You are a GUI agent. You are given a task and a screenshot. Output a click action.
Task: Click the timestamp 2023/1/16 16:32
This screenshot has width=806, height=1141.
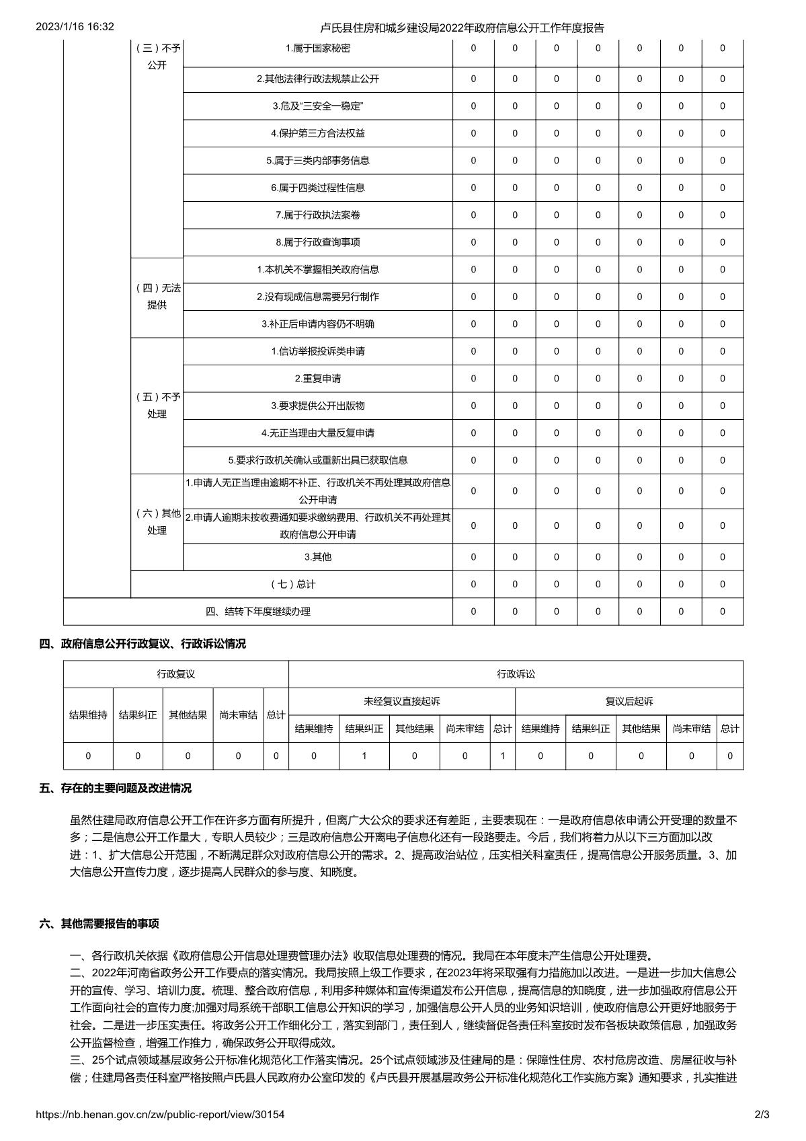(x=75, y=27)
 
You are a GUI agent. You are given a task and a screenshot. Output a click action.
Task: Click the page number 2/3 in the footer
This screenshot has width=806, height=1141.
(x=762, y=1115)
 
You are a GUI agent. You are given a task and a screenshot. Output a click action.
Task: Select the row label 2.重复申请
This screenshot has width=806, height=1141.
(x=317, y=379)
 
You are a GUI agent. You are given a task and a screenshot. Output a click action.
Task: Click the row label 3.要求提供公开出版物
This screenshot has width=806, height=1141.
(x=317, y=406)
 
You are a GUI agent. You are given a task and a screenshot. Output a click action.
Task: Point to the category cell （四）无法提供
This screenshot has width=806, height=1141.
(x=157, y=297)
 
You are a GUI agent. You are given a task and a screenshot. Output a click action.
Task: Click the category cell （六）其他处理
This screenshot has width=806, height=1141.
(x=157, y=522)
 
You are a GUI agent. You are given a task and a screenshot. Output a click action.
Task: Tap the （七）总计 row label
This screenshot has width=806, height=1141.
(x=292, y=584)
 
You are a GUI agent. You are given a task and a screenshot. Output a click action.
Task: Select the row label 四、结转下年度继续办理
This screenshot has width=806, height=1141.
(x=258, y=612)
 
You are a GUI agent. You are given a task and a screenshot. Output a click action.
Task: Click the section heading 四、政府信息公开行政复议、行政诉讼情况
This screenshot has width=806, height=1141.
(x=143, y=644)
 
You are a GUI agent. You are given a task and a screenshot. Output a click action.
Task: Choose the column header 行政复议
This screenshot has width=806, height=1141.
(x=175, y=674)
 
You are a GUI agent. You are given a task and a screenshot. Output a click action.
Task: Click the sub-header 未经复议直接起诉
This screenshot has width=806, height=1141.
(x=401, y=702)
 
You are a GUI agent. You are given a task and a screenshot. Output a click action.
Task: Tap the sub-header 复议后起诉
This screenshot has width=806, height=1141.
(x=629, y=702)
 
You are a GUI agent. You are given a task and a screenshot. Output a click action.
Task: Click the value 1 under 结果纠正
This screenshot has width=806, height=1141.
(x=364, y=756)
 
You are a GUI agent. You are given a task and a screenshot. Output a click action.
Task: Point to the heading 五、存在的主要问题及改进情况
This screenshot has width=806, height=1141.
(x=115, y=788)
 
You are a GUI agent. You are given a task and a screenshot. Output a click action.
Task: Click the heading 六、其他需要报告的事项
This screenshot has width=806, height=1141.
(x=99, y=924)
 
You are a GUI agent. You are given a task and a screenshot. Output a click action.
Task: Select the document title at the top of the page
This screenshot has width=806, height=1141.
(x=462, y=28)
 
